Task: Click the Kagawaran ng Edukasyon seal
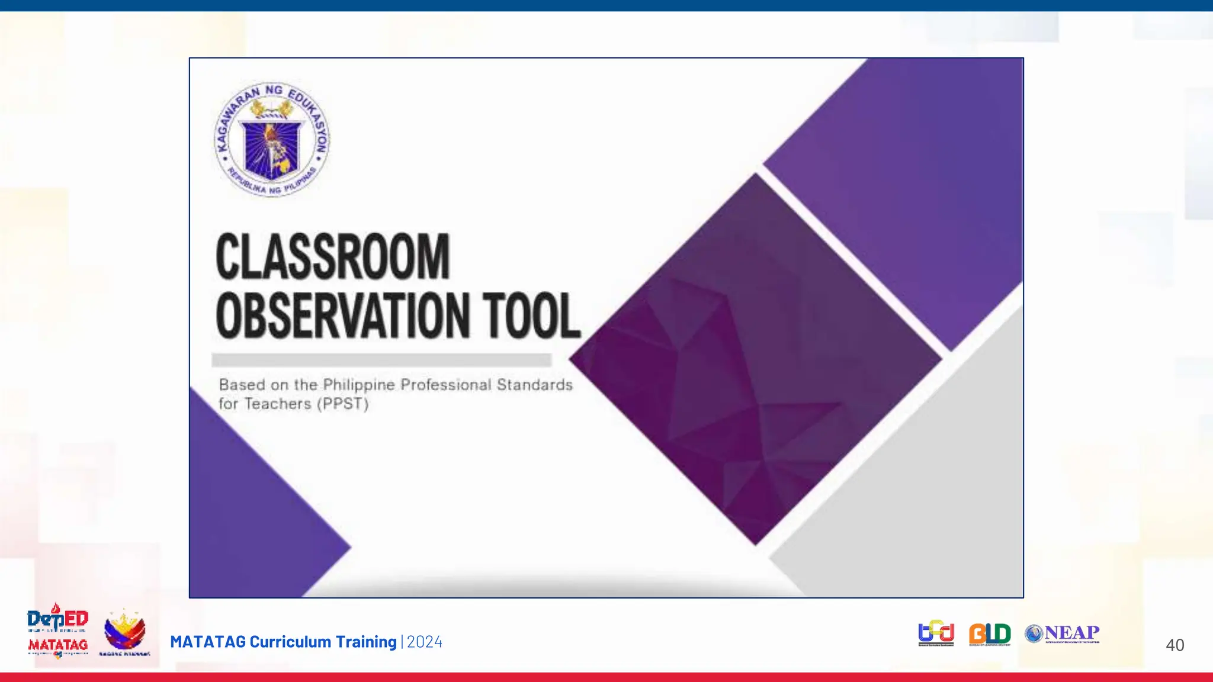tap(272, 140)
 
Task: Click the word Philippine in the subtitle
tap(359, 385)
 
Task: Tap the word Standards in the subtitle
tap(534, 385)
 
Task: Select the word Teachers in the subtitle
tap(278, 404)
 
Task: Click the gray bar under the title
tap(381, 360)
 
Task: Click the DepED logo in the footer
tap(57, 619)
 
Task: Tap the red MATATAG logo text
tap(58, 645)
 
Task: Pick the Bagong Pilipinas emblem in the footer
tap(124, 632)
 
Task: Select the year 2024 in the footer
tap(425, 642)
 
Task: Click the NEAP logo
tap(1062, 633)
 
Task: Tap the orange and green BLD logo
tap(990, 633)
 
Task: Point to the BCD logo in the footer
tap(936, 633)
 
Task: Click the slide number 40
tap(1175, 645)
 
